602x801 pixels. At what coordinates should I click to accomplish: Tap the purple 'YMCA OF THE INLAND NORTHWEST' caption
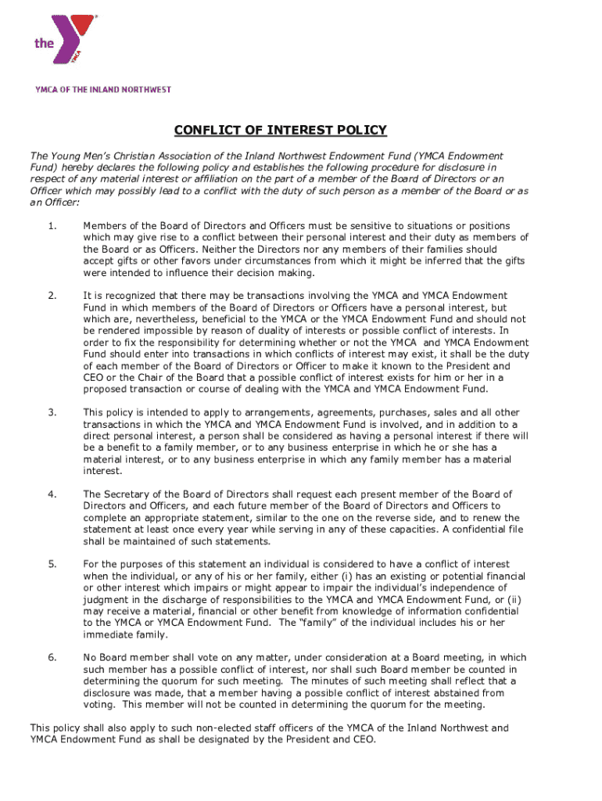coord(102,90)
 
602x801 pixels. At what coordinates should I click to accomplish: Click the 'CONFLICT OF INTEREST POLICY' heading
coord(280,130)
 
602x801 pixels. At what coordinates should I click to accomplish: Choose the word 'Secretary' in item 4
coord(127,494)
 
